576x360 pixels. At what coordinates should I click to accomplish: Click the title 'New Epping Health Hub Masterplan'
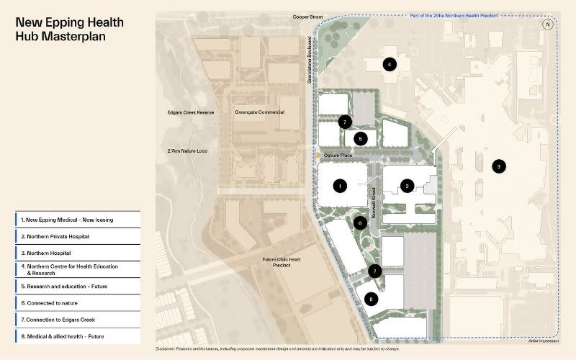click(69, 29)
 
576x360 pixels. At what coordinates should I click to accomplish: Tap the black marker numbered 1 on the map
click(339, 186)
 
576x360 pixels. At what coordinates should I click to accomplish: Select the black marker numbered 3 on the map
click(497, 166)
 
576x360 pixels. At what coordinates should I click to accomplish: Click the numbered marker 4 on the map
click(390, 65)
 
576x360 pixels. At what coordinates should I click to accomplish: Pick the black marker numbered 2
click(407, 186)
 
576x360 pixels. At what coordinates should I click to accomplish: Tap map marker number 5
click(361, 138)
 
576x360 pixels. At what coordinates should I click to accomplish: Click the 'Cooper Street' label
click(307, 16)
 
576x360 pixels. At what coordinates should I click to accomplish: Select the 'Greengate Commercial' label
click(259, 113)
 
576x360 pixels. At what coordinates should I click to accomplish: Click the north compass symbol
click(549, 24)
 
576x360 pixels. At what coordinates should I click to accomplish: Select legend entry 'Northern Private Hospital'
click(78, 236)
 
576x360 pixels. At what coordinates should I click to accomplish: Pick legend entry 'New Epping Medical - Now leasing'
click(78, 220)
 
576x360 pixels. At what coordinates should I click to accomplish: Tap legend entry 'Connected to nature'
click(78, 303)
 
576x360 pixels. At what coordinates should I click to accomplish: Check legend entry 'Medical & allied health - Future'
click(78, 336)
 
